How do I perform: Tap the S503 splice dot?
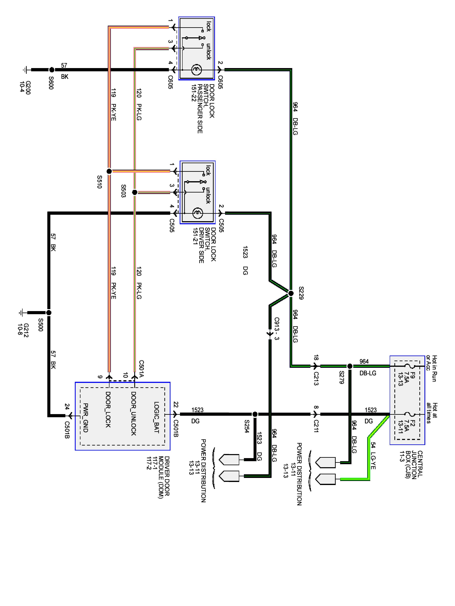(x=135, y=193)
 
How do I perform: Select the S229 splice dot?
(x=291, y=294)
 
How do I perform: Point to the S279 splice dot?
(x=350, y=366)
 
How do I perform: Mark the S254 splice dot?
(x=255, y=414)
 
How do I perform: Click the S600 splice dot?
(x=52, y=70)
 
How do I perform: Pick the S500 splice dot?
(x=49, y=312)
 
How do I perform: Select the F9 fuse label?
(x=413, y=375)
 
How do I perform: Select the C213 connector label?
(x=316, y=379)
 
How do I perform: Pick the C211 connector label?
(x=316, y=426)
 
